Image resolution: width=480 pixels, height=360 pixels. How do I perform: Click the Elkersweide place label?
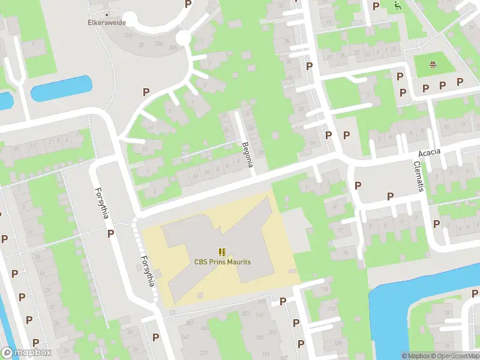click(106, 23)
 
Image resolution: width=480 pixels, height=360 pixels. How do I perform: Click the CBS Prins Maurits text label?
click(222, 262)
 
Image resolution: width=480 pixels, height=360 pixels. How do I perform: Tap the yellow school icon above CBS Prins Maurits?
click(222, 252)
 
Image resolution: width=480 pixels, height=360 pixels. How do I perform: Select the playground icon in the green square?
click(432, 64)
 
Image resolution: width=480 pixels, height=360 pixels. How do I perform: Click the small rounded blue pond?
click(61, 89)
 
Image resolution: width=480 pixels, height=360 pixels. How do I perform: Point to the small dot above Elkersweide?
click(107, 14)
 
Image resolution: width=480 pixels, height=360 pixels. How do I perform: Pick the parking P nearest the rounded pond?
click(145, 92)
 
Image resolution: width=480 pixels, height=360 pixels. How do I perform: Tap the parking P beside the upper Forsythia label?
click(110, 233)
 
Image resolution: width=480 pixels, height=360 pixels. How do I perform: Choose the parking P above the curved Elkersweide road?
click(188, 4)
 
